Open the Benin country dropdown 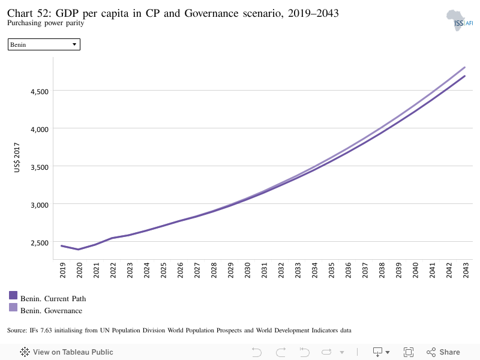[x=44, y=44]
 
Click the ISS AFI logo [x=460, y=20]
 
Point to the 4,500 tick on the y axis [x=40, y=92]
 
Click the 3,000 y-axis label [x=40, y=205]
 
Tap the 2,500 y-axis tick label [x=40, y=243]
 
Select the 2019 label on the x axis [x=63, y=271]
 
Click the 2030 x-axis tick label [x=247, y=271]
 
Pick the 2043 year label [x=466, y=271]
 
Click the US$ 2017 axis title [x=17, y=157]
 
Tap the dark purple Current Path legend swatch [x=13, y=295]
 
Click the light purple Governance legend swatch [x=13, y=307]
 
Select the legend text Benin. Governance [x=52, y=311]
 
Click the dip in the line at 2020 [x=79, y=249]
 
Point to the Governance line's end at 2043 [x=465, y=67]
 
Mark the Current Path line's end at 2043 [x=465, y=76]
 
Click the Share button [x=443, y=352]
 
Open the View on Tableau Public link [x=67, y=352]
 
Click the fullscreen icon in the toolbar [x=409, y=352]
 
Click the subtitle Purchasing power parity [x=46, y=23]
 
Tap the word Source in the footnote [x=17, y=331]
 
